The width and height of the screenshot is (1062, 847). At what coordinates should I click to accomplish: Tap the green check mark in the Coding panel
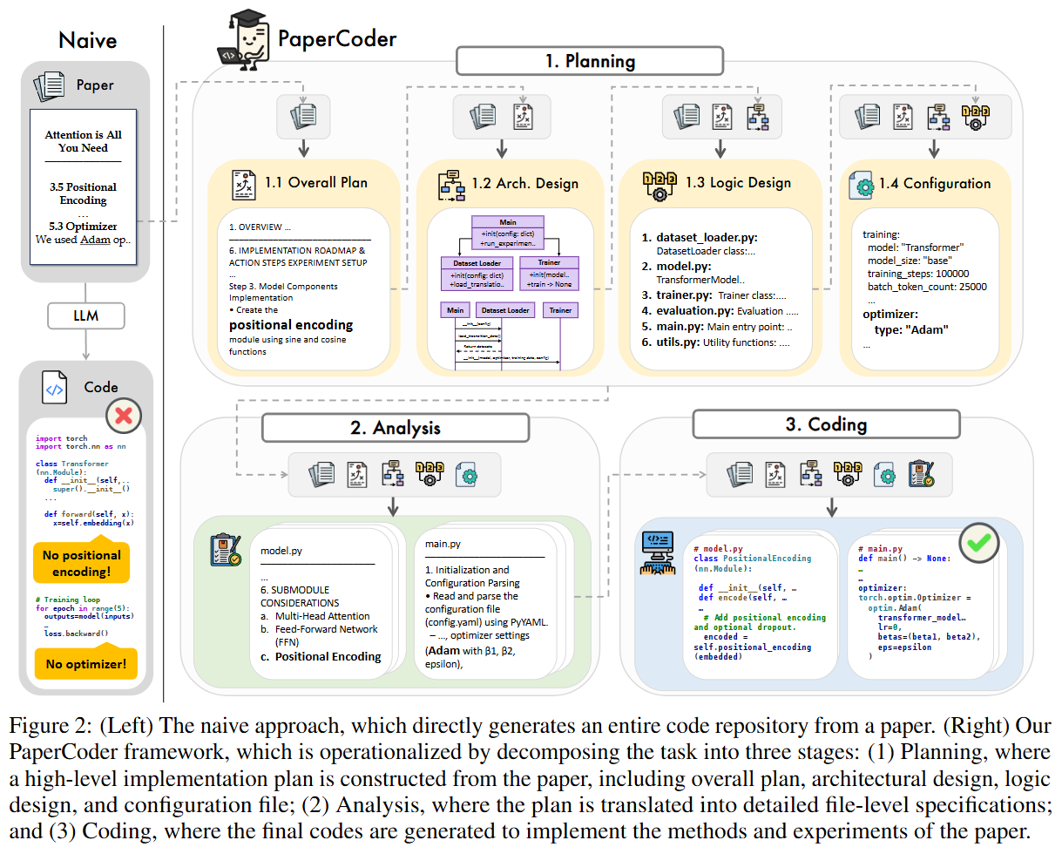[978, 542]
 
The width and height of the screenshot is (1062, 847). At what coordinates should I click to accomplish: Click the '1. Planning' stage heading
[590, 61]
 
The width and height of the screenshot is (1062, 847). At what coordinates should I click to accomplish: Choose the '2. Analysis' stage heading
[395, 428]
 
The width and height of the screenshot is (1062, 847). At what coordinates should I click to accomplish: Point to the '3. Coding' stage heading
[825, 424]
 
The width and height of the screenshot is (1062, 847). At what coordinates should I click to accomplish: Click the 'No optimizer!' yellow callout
[86, 665]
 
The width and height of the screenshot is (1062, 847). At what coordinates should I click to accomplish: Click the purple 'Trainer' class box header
[549, 262]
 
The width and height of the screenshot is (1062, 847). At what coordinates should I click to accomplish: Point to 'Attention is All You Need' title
[84, 141]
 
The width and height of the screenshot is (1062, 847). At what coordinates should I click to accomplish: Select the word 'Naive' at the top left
[87, 40]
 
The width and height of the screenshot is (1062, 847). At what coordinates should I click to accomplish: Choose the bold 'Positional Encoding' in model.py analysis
[328, 656]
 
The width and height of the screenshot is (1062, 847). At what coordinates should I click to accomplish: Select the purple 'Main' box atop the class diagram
[508, 222]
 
